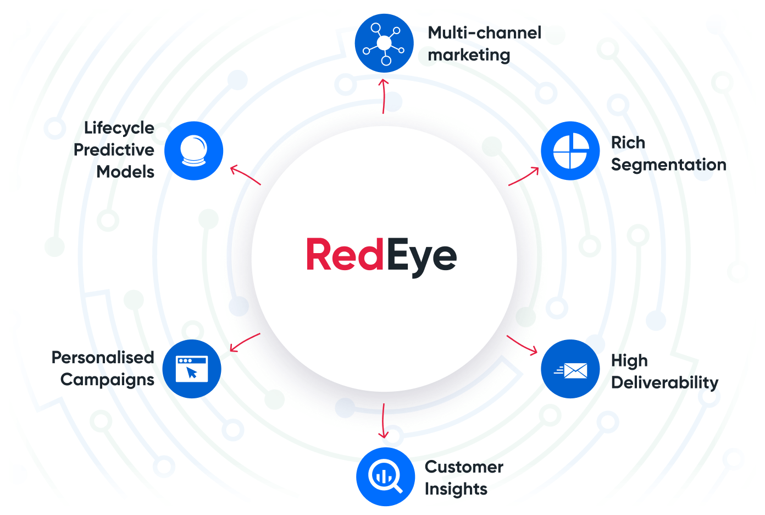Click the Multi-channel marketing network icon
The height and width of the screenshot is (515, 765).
point(384,43)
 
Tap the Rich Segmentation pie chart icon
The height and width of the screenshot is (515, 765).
point(570,151)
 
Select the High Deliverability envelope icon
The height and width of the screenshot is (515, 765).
point(570,369)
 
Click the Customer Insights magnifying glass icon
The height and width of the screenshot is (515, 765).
point(385,476)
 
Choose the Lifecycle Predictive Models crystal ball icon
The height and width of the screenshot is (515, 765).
point(194,151)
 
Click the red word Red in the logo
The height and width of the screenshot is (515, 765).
point(345,255)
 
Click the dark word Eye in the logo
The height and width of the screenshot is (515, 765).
point(422,256)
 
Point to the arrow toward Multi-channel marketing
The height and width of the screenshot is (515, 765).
point(384,96)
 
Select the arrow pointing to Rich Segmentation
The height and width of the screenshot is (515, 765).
point(524,177)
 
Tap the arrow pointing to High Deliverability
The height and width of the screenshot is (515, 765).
point(522,344)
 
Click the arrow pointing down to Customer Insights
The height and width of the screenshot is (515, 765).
point(383,421)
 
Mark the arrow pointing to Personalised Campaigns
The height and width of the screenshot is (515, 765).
point(245,342)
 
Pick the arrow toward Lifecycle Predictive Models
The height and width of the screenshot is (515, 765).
point(245,176)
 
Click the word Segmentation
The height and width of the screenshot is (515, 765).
point(668,165)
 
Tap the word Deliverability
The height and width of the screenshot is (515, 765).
point(664,382)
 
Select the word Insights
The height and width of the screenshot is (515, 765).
point(456,489)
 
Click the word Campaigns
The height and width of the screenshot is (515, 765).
point(107,380)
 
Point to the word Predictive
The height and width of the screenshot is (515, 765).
point(114,150)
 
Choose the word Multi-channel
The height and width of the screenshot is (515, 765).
point(484,33)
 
